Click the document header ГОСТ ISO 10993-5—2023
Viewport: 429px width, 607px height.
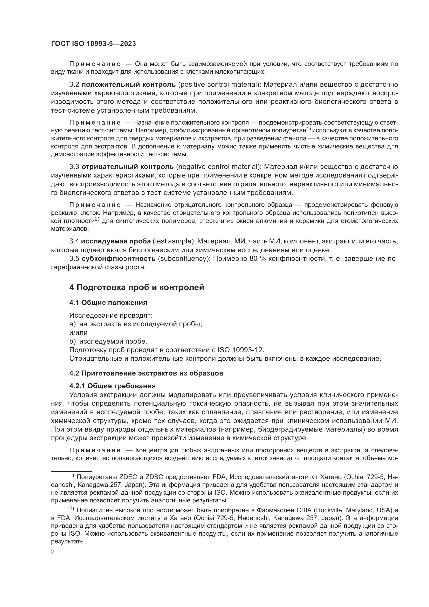click(x=93, y=44)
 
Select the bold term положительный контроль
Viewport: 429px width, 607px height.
click(x=128, y=85)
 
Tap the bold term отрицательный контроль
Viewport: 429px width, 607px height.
click(x=128, y=167)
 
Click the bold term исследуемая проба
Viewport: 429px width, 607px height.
click(x=116, y=241)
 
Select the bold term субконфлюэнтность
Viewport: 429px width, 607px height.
click(x=119, y=258)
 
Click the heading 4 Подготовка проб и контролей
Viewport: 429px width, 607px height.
click(x=137, y=287)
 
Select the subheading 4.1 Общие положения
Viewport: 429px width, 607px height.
click(x=108, y=303)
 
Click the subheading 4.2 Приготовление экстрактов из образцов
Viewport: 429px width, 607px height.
click(x=146, y=373)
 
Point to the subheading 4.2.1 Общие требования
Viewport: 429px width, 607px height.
click(x=112, y=386)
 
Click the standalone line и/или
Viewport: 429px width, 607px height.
click(x=78, y=333)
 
